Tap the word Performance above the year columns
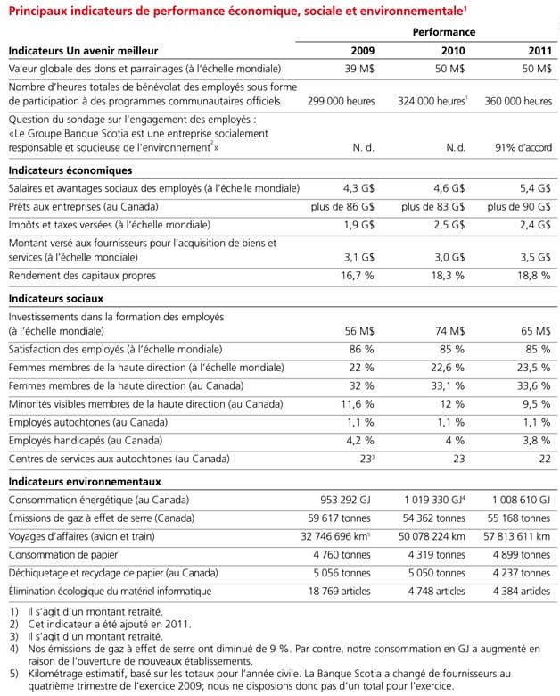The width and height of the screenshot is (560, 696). click(443, 31)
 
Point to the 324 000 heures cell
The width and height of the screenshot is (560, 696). click(432, 101)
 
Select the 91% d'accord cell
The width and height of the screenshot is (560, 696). click(522, 147)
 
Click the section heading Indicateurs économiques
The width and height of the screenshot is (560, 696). click(70, 170)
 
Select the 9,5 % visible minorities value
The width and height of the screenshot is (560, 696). click(533, 403)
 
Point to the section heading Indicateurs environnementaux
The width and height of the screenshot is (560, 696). click(85, 481)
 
